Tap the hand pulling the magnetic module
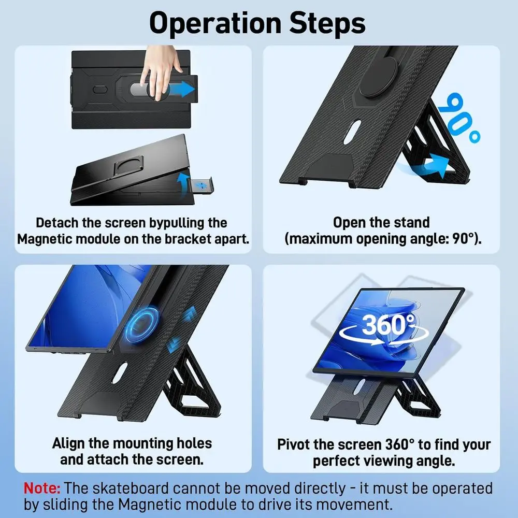click(x=161, y=71)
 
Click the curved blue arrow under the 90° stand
click(x=426, y=165)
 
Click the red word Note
click(x=42, y=488)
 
